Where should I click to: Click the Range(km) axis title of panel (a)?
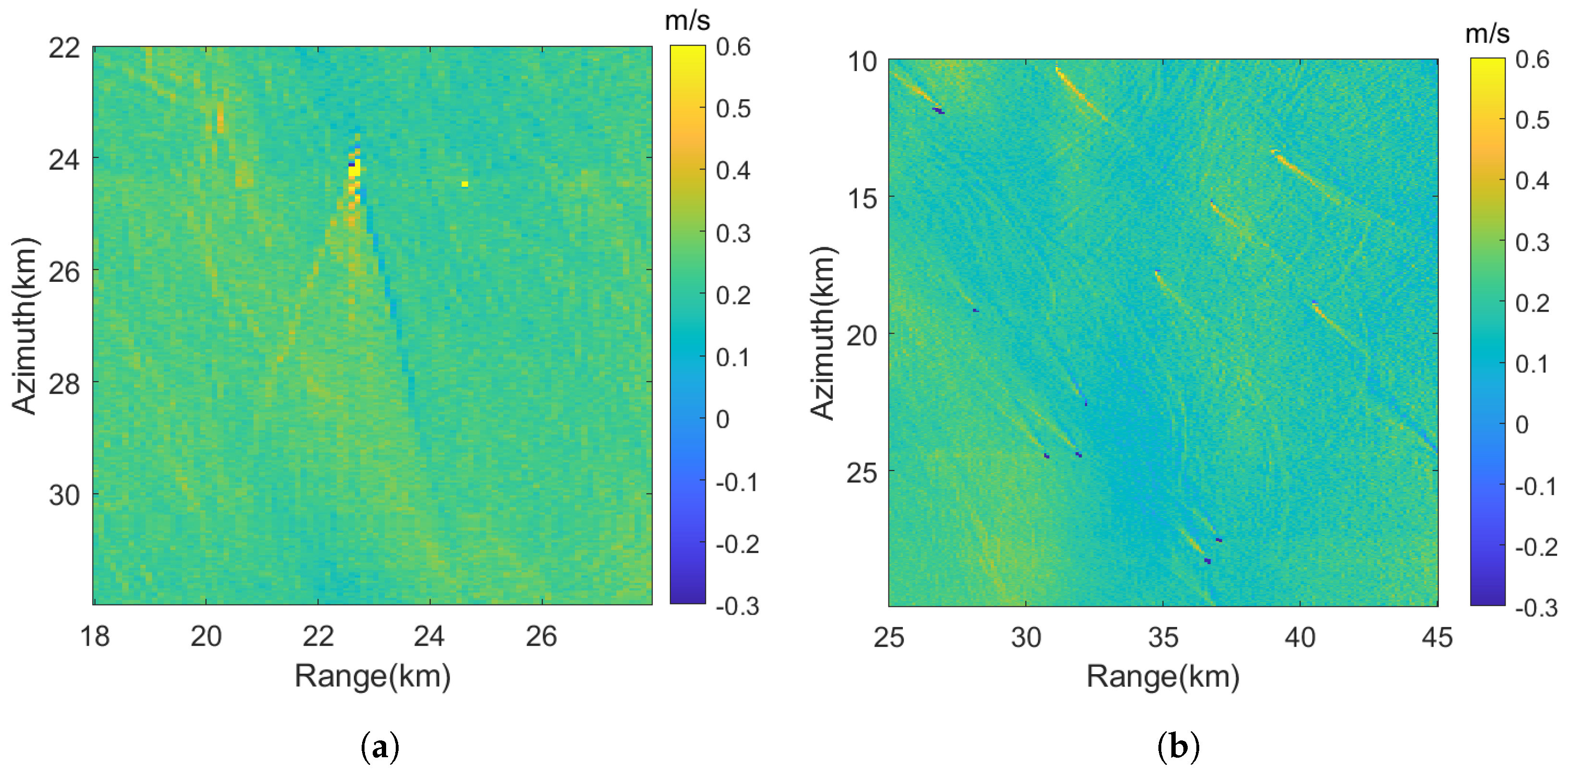click(372, 676)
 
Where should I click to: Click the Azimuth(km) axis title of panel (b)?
click(823, 333)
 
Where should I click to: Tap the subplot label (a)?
click(380, 747)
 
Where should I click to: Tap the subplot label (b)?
click(1178, 747)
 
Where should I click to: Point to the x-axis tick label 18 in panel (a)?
click(95, 636)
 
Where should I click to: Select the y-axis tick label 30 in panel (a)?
click(64, 495)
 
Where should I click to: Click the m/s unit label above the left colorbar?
click(687, 21)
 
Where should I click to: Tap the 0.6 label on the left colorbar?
click(733, 47)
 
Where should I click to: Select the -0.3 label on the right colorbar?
click(1536, 607)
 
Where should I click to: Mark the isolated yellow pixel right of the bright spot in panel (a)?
click(464, 184)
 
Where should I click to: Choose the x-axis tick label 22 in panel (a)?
click(317, 636)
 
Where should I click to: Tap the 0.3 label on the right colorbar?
click(1532, 242)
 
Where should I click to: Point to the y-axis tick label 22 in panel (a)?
click(64, 48)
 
